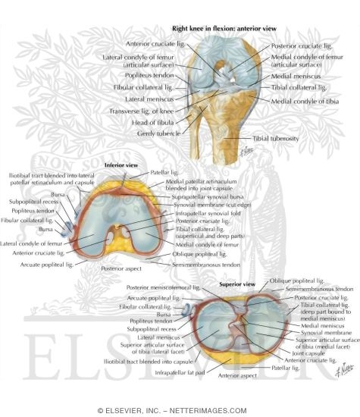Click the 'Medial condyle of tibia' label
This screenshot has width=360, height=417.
(x=301, y=100)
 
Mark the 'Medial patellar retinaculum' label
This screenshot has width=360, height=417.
(x=213, y=179)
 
